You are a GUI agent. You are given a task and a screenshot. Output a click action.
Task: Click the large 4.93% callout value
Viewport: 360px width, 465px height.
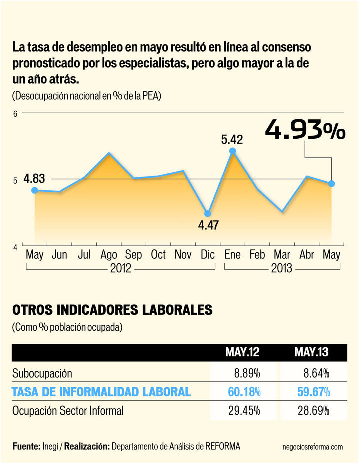point(305,130)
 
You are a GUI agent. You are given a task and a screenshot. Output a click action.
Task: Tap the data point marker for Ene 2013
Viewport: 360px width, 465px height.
point(232,151)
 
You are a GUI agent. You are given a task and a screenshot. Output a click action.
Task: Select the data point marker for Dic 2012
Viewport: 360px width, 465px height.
point(208,213)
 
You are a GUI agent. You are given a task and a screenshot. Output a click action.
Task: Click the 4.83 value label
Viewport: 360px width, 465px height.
point(34,178)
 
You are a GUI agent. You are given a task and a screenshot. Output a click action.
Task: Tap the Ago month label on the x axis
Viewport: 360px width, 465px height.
point(108,255)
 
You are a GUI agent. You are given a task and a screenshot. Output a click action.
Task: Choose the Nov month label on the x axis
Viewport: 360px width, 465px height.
point(183,255)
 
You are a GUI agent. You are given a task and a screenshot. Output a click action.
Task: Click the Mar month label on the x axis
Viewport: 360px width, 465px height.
point(282,255)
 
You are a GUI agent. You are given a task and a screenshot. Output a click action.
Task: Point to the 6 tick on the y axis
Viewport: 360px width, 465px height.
point(15,114)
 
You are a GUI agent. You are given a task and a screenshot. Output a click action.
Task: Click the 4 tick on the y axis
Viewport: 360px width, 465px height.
point(15,247)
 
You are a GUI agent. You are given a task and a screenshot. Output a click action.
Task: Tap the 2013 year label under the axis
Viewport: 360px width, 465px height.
point(281,269)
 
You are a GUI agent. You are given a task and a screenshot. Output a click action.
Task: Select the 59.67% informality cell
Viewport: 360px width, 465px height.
point(311,392)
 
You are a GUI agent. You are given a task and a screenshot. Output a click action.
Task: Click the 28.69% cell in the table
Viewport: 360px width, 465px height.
point(311,411)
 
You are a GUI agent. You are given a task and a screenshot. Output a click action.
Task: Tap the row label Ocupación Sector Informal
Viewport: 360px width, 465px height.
point(67,411)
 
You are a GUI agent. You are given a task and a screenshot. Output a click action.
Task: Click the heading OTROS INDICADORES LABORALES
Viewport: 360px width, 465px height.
point(112,310)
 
